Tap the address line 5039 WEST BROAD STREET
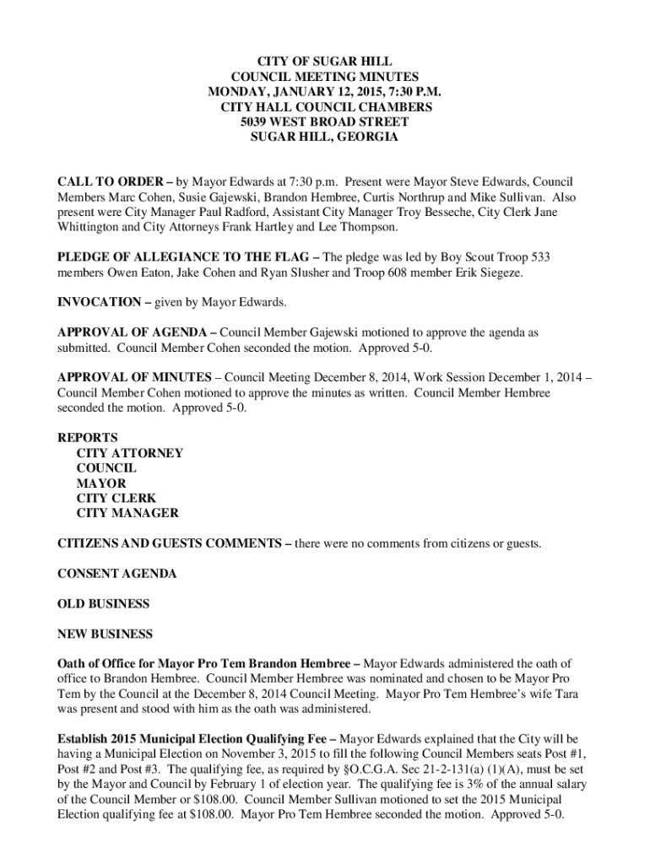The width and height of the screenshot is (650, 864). point(325,122)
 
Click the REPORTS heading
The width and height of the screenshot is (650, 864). point(87,438)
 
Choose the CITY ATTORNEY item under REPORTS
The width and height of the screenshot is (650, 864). point(129,453)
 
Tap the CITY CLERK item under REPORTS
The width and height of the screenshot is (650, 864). point(116,499)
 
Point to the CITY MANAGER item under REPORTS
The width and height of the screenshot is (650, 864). point(127,514)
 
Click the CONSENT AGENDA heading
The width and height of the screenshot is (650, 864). point(116,574)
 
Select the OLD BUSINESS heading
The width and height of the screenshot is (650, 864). point(103,604)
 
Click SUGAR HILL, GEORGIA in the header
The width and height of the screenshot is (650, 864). point(325,138)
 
